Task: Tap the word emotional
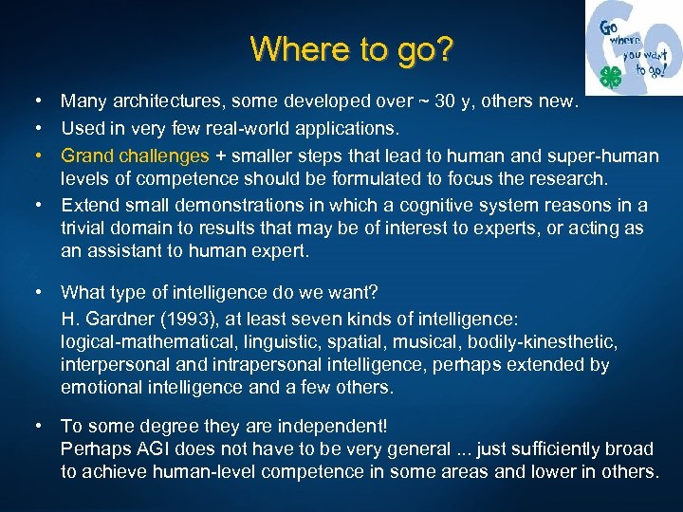[x=101, y=388]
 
